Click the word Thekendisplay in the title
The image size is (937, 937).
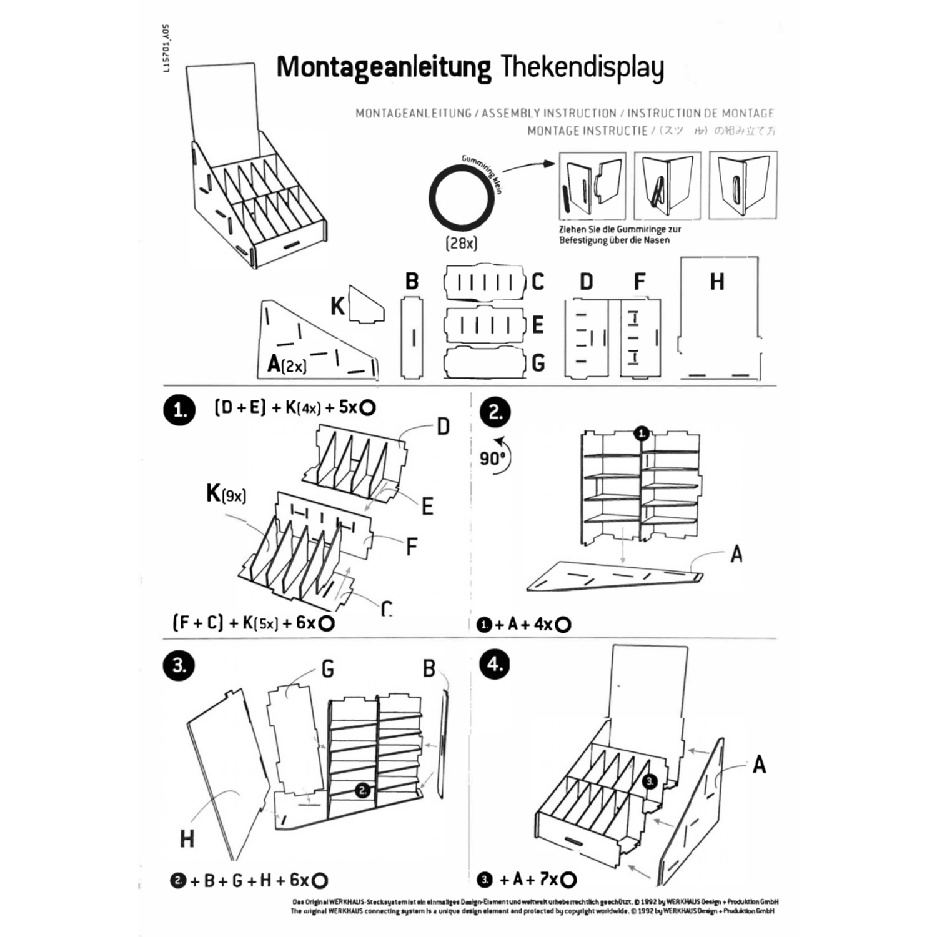click(x=582, y=67)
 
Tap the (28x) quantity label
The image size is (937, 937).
click(x=461, y=244)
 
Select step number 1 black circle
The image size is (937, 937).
click(x=179, y=410)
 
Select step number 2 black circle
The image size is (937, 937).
click(x=495, y=412)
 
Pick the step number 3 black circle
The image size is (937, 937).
click(x=179, y=665)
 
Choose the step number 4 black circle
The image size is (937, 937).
click(x=495, y=664)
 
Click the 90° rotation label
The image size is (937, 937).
click(x=492, y=459)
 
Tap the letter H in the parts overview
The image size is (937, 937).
click(x=717, y=282)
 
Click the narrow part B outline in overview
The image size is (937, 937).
click(x=412, y=338)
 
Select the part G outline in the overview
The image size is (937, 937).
click(x=483, y=363)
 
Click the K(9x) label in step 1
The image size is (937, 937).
click(x=226, y=494)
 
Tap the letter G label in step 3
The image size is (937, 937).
click(x=327, y=670)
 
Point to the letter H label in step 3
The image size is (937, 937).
click(x=187, y=839)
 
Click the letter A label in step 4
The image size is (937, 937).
click(x=759, y=764)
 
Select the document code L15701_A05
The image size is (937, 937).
click(x=166, y=49)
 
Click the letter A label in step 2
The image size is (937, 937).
click(x=736, y=554)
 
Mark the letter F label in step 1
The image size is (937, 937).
click(x=411, y=547)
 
